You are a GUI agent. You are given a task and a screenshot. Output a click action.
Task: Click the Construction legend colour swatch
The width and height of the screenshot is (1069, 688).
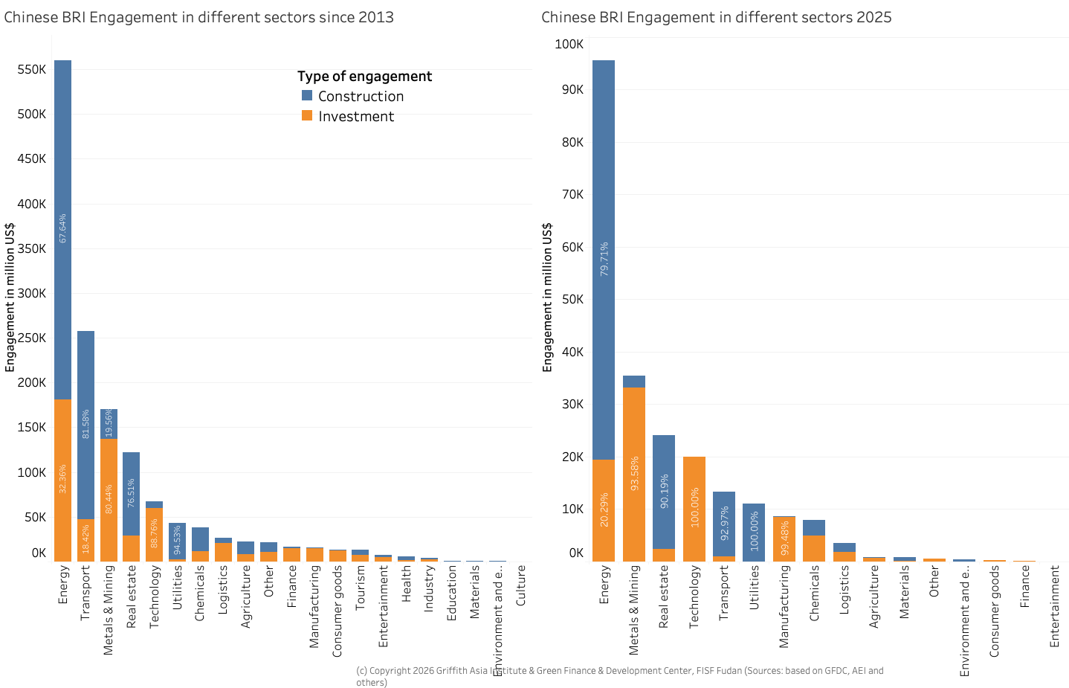[307, 95]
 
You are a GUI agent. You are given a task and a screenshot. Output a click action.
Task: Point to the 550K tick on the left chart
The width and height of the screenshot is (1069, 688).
[31, 69]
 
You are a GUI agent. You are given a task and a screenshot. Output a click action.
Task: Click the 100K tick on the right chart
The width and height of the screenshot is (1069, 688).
[569, 44]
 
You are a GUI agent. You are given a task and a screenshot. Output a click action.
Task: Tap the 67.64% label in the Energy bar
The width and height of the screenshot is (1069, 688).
[63, 228]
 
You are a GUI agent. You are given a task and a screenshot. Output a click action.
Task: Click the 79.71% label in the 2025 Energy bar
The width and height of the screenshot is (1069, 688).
[604, 259]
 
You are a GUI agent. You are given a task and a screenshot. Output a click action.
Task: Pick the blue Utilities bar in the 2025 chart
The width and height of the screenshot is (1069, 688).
[754, 532]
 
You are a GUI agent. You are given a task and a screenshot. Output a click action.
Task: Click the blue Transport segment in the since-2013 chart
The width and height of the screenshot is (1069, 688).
[86, 424]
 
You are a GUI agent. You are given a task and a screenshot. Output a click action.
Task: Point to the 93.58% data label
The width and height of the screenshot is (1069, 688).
[634, 474]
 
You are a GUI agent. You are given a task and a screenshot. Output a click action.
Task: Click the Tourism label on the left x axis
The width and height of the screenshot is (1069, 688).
[361, 588]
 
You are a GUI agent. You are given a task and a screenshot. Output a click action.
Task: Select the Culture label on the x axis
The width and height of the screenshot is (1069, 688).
[521, 585]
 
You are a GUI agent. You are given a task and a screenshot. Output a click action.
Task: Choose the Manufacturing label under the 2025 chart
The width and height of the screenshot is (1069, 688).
[784, 606]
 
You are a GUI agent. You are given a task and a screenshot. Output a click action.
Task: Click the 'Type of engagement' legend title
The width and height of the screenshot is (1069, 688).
[364, 76]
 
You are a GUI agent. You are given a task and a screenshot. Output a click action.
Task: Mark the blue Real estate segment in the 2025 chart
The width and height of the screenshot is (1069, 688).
[664, 492]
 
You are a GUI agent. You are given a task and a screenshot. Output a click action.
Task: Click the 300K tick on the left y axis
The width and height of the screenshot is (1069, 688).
[31, 293]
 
